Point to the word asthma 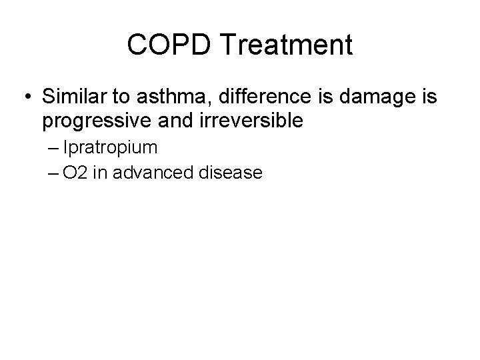point(164,97)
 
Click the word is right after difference point(312,97)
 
